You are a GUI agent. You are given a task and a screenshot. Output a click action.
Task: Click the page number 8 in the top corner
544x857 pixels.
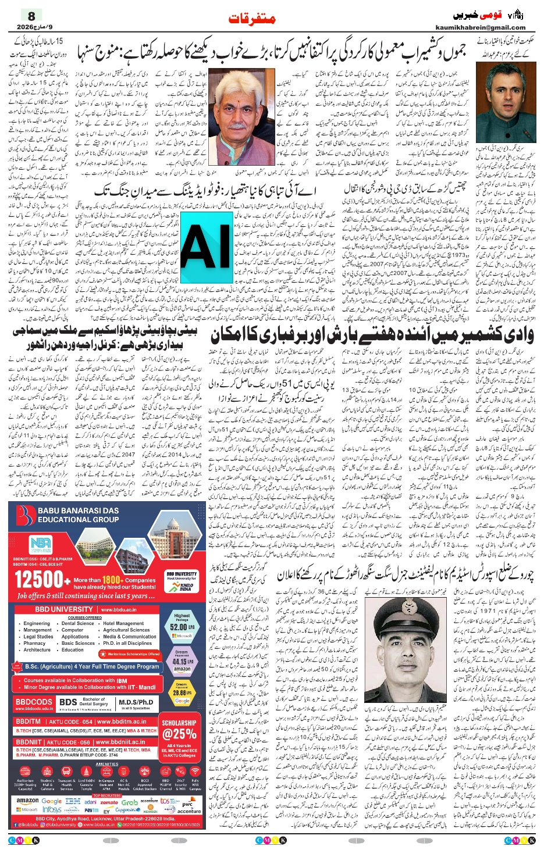[31, 16]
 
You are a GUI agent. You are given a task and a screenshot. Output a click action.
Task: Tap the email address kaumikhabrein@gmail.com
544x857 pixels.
[480, 27]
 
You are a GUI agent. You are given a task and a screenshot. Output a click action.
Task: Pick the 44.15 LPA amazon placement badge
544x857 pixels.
[182, 661]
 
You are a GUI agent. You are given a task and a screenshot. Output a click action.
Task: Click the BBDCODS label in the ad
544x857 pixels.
[34, 702]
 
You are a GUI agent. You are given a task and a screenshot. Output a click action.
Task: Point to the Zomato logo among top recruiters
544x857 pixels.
[109, 802]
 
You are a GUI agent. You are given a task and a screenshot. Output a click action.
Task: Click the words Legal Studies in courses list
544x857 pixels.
[38, 637]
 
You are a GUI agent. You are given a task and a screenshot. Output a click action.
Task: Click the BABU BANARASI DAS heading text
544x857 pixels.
[78, 510]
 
